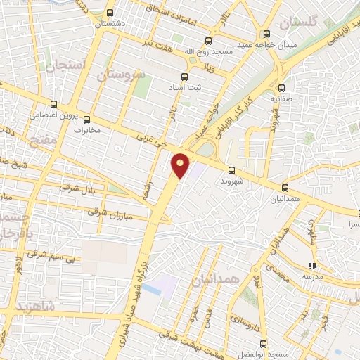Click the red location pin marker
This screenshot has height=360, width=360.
(181, 165)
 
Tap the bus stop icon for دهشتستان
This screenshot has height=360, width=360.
(110, 13)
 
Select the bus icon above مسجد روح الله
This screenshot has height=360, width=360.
(207, 41)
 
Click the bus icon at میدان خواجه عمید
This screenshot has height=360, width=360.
(266, 33)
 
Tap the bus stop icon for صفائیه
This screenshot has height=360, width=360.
(282, 89)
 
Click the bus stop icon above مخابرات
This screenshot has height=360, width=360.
(87, 119)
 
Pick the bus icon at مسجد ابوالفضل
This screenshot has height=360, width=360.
(264, 344)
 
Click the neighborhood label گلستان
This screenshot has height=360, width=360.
(298, 23)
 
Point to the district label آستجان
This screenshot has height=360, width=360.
(65, 66)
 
